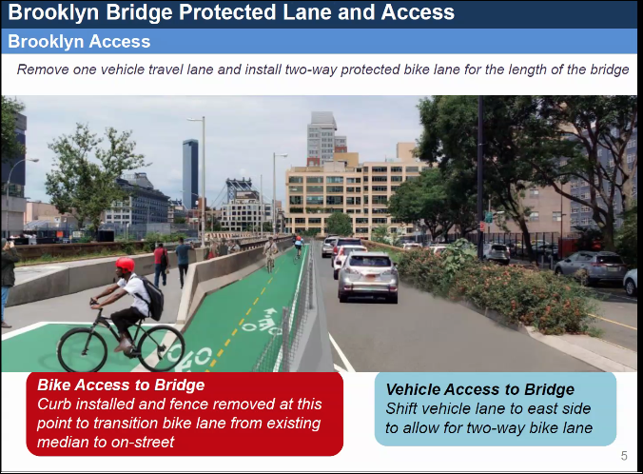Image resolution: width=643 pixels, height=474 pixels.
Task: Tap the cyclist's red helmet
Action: coord(125,265)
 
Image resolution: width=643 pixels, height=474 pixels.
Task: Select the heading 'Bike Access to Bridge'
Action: coord(121,385)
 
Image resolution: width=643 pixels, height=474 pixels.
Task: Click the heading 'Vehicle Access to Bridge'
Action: coord(479,389)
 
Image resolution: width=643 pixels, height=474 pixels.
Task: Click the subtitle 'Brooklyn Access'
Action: coord(79,42)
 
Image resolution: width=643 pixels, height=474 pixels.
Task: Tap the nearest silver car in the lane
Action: coord(368,275)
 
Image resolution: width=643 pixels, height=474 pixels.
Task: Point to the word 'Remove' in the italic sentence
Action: coord(45,70)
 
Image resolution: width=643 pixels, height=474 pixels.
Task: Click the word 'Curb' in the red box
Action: coord(54,405)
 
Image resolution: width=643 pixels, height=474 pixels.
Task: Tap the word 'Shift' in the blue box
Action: coord(403,408)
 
